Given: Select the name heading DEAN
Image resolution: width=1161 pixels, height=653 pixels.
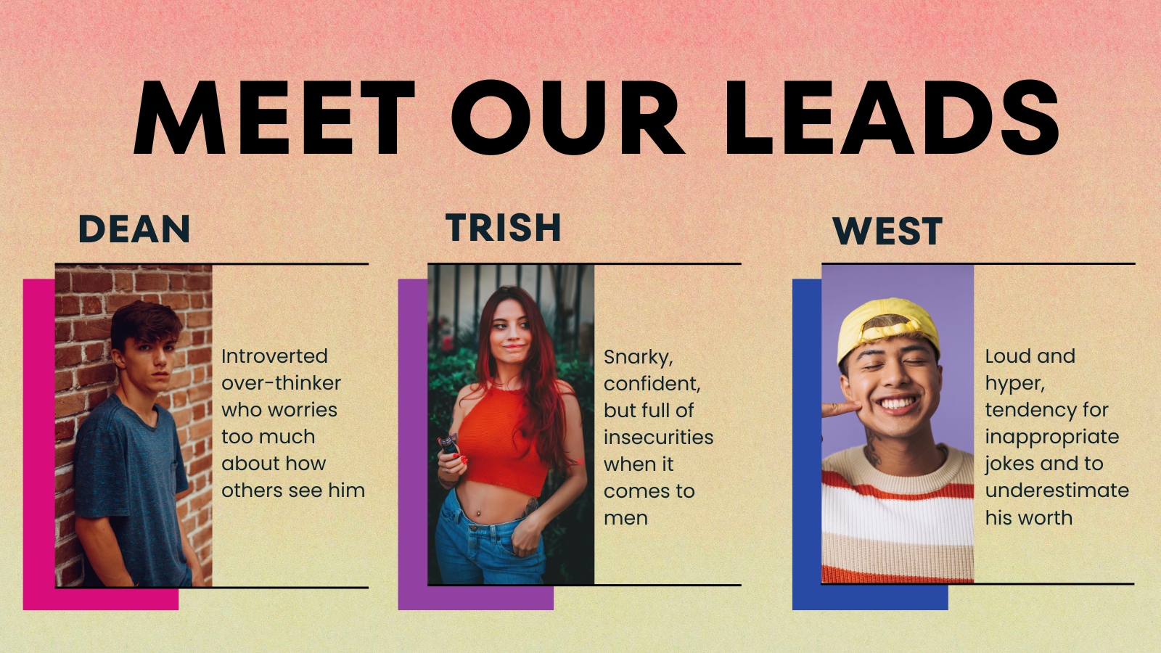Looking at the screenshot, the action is (x=134, y=229).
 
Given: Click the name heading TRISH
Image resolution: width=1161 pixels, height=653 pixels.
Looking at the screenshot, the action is (x=504, y=227).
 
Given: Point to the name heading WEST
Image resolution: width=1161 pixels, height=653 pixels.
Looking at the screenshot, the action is (x=887, y=231).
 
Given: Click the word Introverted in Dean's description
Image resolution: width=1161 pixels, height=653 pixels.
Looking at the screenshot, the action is (x=274, y=356).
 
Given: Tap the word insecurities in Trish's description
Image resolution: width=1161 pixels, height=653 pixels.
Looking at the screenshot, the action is (x=658, y=437).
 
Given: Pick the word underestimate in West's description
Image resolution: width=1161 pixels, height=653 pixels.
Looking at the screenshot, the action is (x=1057, y=490).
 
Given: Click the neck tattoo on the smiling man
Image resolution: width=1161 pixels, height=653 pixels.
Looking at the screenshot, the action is (x=872, y=447).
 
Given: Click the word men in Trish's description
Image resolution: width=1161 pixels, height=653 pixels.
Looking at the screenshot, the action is (x=625, y=518).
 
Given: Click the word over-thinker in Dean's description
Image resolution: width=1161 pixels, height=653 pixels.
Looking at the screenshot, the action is (x=281, y=383).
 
